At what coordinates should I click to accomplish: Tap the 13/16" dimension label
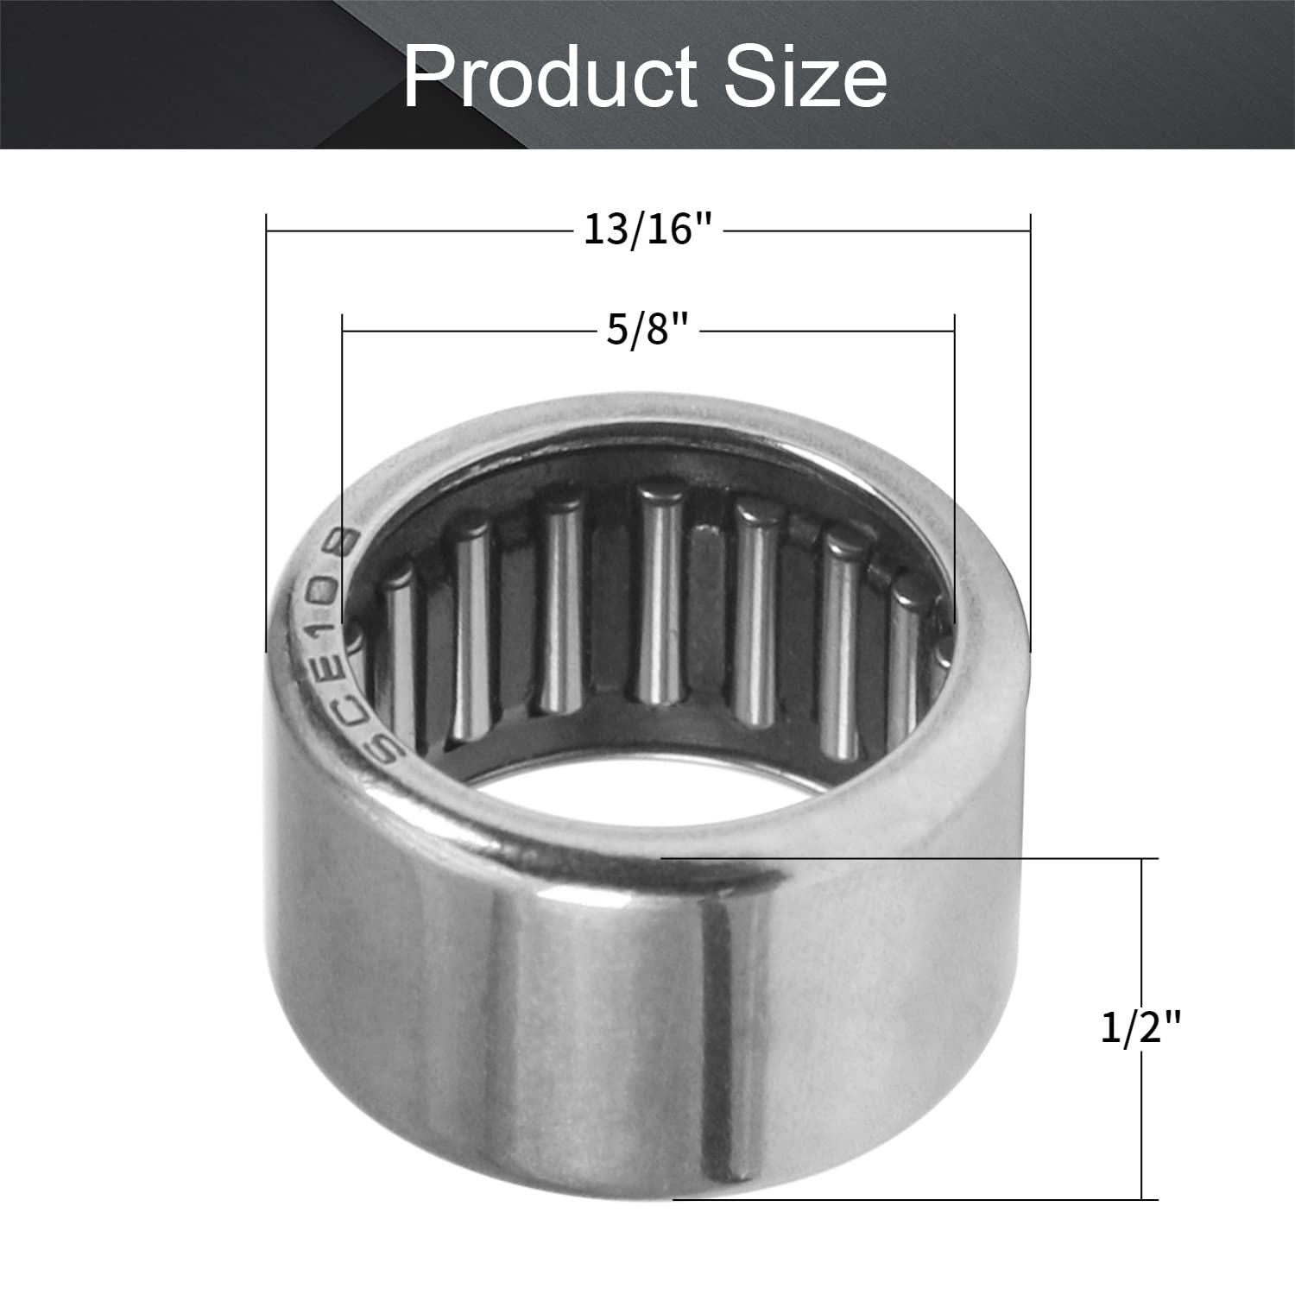(648, 231)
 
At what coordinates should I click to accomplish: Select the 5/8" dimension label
(648, 330)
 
